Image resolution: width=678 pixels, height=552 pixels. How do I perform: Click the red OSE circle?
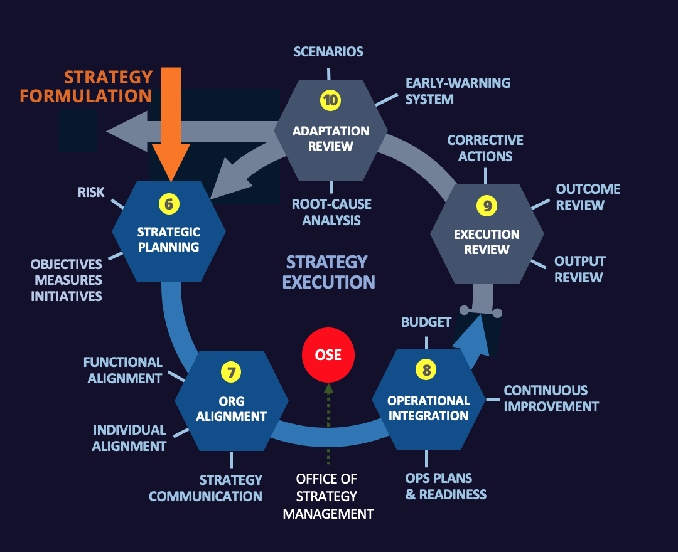point(328,355)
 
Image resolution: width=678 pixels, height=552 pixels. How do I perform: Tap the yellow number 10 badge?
point(330,100)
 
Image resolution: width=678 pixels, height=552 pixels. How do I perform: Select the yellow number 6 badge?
point(168,203)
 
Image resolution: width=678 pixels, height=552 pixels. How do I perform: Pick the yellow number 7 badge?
point(231,372)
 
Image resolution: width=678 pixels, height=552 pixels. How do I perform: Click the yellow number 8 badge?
point(427,370)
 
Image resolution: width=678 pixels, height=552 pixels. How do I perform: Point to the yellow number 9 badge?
point(486,205)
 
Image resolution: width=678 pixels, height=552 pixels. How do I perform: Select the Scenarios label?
point(328,51)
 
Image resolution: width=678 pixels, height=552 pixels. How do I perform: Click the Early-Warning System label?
point(458,91)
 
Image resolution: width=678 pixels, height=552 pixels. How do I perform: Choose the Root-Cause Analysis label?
point(331,212)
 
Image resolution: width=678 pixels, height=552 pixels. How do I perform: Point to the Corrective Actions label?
point(485,148)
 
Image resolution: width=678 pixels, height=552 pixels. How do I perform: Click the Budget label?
point(426,322)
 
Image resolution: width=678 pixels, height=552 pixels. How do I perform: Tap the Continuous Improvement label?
point(551,398)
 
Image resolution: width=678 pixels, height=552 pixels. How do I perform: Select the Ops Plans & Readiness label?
point(446,486)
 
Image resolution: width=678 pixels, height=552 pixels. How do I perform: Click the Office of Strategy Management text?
point(328,496)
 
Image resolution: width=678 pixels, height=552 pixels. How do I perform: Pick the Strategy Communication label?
point(206,488)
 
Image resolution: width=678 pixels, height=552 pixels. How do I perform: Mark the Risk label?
point(91,192)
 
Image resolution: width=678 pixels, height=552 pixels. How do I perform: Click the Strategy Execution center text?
point(328,272)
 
